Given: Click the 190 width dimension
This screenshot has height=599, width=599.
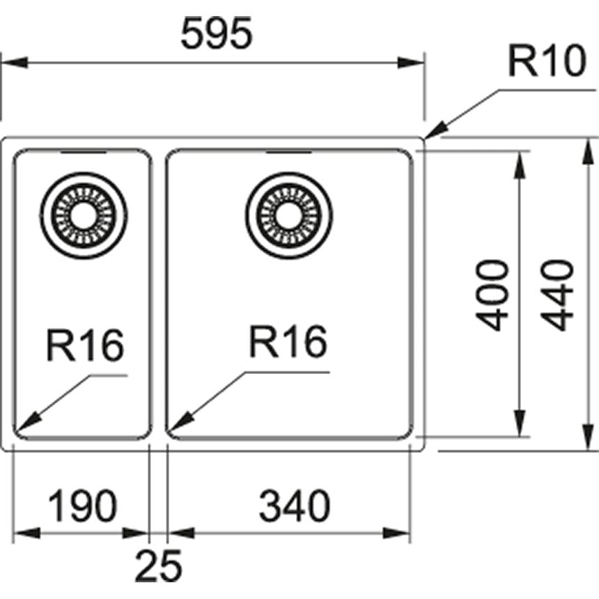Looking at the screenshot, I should coord(82,506).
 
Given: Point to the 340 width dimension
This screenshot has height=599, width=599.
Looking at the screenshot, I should coord(293,506).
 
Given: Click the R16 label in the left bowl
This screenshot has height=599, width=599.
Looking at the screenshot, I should coord(85,345).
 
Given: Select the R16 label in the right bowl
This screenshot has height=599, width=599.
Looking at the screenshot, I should coord(288,342).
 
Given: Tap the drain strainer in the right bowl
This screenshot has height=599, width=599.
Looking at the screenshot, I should coord(288,215).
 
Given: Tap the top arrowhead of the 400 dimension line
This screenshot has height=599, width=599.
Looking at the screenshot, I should coord(520,160).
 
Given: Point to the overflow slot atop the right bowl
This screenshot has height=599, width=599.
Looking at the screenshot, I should coord(288,150).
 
